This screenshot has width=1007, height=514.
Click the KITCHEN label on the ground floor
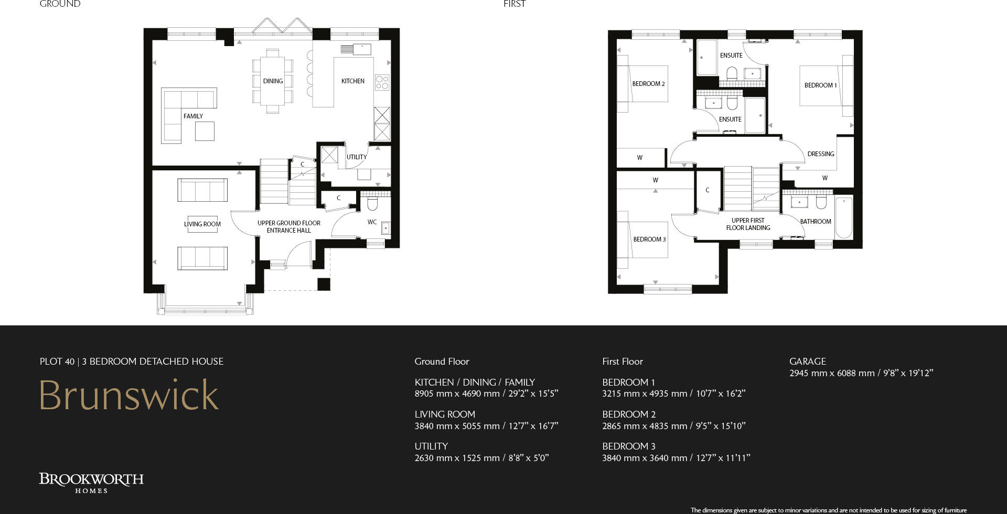click(352, 81)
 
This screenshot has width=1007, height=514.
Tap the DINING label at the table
click(273, 81)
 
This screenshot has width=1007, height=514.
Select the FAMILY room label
click(193, 116)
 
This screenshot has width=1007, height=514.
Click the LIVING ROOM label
click(202, 224)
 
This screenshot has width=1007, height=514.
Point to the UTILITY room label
click(356, 157)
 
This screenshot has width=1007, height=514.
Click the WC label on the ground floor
click(372, 222)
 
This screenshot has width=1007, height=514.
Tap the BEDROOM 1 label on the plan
click(820, 85)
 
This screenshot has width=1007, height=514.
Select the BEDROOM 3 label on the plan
click(649, 239)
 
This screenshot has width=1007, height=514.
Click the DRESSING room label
click(820, 154)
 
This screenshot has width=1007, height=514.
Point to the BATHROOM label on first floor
click(815, 222)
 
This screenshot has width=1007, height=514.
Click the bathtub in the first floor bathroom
click(843, 217)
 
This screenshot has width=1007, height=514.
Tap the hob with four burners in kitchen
click(382, 82)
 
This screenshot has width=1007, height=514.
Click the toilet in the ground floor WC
click(372, 203)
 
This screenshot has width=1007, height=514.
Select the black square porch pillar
click(324, 284)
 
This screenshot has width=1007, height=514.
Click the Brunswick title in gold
click(129, 395)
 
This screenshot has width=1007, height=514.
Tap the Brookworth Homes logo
click(91, 483)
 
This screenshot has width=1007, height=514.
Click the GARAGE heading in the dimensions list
click(807, 362)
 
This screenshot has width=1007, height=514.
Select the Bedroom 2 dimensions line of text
click(673, 426)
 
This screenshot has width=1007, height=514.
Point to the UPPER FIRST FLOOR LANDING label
click(748, 224)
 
